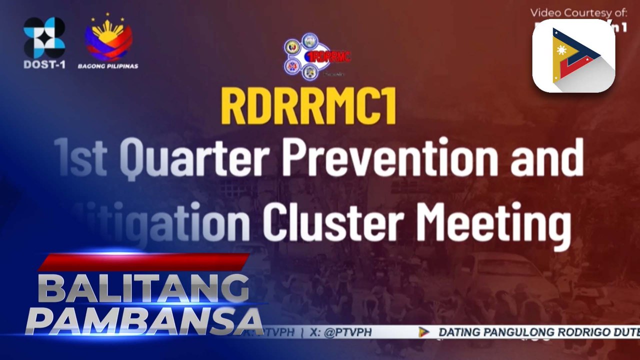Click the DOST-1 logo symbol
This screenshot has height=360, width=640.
coord(44,37)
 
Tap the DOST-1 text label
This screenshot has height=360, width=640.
coord(44,65)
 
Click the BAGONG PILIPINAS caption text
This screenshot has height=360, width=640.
coord(108,66)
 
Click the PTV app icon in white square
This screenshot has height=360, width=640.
coord(573,55)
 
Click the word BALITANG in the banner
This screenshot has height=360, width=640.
coord(143,289)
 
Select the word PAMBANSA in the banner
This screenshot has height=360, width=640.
coord(144,321)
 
